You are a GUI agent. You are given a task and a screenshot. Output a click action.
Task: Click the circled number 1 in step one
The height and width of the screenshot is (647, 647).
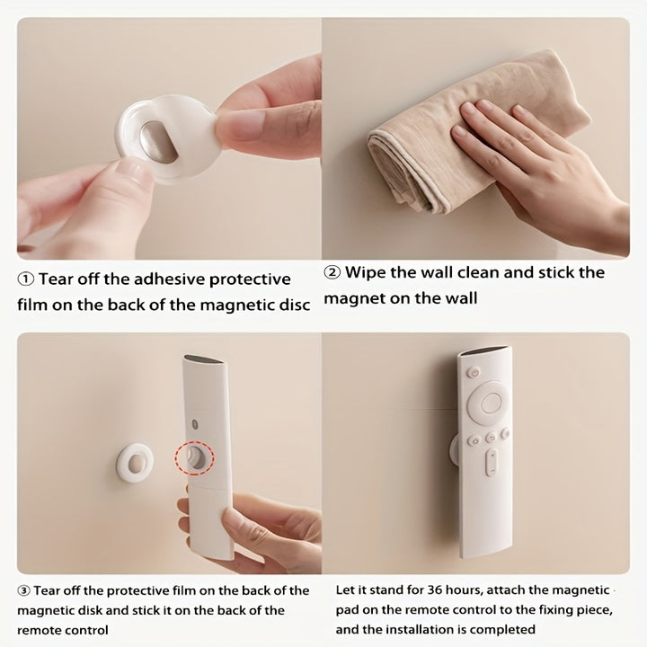coord(25,279)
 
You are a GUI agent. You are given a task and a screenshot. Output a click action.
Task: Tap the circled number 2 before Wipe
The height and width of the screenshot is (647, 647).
coord(332,273)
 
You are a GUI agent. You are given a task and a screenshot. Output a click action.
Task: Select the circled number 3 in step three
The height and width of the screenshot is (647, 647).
coord(23,591)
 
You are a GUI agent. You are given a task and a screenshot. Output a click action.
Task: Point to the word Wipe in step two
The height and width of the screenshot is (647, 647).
coord(365,273)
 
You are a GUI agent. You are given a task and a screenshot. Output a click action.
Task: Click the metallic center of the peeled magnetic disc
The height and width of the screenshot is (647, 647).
coord(157,141)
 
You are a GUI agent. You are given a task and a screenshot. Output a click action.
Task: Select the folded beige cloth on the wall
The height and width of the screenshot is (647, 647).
coord(470,137)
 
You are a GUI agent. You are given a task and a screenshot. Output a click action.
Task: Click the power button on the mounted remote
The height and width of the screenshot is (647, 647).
coord(474,373)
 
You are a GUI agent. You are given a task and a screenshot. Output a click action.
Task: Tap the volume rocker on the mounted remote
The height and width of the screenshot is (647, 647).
coord(491,462)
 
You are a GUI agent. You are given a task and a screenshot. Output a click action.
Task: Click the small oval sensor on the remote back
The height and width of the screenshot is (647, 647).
coord(195,424)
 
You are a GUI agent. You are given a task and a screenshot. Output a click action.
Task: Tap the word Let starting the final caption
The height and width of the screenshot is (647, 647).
coord(344,590)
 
